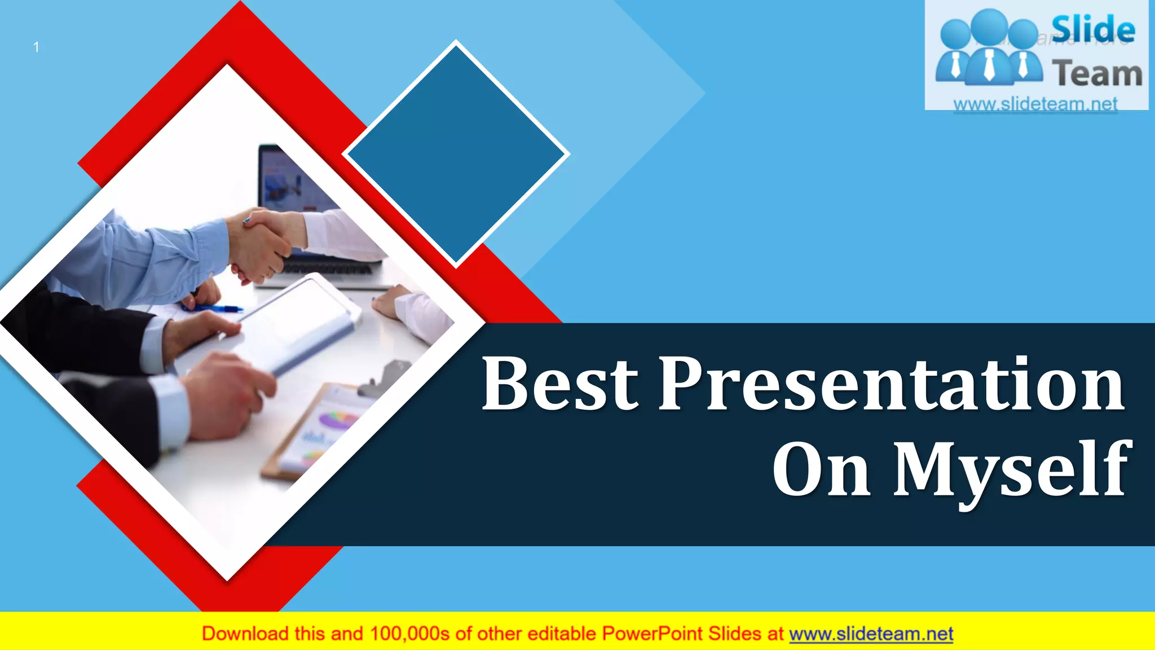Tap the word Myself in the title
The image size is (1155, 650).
[1012, 469]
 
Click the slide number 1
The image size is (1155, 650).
[36, 47]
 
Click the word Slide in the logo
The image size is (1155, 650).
[1093, 29]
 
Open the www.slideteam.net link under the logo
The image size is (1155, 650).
[1035, 104]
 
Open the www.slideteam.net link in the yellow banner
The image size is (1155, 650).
[871, 634]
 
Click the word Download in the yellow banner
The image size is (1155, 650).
[245, 634]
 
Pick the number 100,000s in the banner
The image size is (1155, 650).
[409, 634]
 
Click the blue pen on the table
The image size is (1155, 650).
[217, 308]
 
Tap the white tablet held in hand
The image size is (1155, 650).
[299, 322]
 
